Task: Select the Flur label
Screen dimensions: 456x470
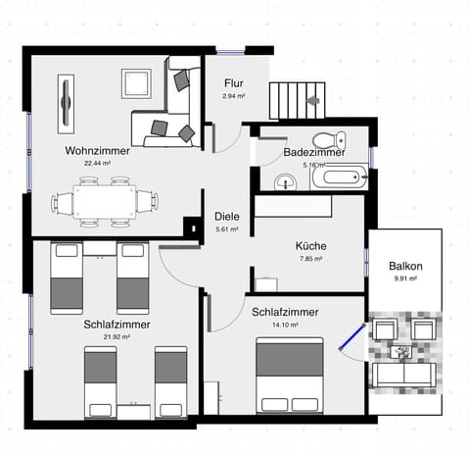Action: click(232, 83)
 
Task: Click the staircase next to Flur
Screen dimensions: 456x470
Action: click(295, 99)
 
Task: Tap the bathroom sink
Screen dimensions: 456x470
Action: click(284, 180)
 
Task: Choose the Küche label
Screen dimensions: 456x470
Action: click(310, 246)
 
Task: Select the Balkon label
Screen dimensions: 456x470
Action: click(404, 266)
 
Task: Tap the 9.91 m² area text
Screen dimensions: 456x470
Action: click(404, 279)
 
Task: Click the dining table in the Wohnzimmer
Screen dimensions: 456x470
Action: click(105, 202)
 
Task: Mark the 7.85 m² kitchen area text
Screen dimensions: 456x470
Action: click(310, 259)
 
